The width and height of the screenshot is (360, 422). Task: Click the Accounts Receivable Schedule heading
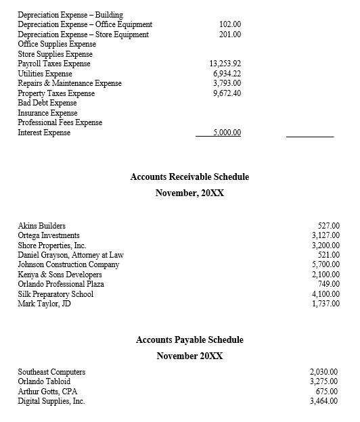coord(189,177)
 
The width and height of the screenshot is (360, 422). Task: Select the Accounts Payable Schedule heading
coord(189,339)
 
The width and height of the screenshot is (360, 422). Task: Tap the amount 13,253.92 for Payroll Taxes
coord(226,64)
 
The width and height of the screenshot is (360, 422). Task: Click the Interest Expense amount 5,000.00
coord(227,133)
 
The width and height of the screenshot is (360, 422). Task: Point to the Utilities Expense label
coord(45,74)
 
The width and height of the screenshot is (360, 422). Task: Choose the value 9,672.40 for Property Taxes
coord(227,93)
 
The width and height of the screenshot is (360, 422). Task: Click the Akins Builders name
coord(42,226)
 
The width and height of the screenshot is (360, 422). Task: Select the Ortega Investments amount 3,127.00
coord(325,235)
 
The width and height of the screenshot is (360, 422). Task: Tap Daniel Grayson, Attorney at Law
coord(70,255)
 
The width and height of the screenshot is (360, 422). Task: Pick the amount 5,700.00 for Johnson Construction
coord(325,264)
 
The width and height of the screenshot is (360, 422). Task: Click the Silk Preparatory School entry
coord(55,294)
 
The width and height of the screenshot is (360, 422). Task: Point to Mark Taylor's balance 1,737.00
coord(325,304)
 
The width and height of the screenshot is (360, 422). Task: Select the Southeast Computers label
coord(51,372)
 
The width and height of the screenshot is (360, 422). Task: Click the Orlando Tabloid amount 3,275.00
coord(323,381)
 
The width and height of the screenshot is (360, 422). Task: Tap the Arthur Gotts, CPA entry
coord(47,391)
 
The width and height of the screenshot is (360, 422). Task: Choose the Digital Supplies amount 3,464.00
coord(323,401)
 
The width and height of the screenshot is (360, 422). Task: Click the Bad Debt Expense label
coord(47,103)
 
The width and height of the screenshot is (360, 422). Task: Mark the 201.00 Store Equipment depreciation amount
coord(230,34)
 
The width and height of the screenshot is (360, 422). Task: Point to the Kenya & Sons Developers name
coord(60,275)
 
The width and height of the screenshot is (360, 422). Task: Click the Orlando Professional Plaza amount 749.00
coord(328,284)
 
